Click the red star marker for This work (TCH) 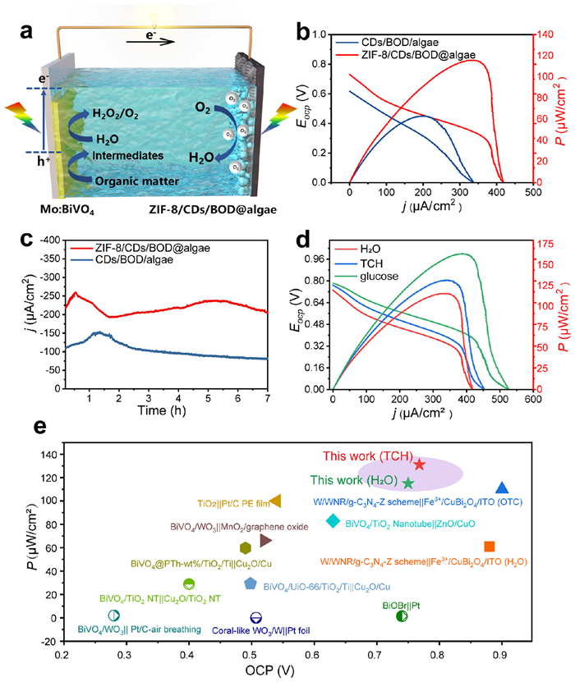(420, 465)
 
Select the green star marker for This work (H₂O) (408, 483)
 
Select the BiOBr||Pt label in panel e (401, 605)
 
